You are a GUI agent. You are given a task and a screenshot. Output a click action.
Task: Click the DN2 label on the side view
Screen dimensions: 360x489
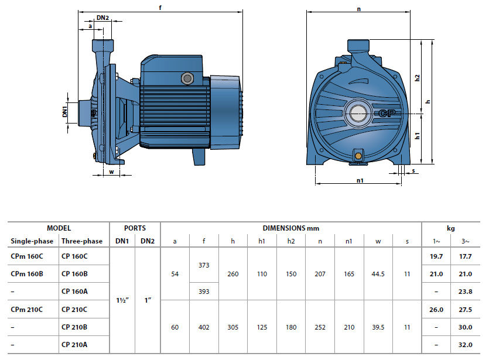pos(102,18)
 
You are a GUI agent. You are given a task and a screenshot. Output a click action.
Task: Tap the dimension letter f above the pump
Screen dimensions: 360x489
pos(160,8)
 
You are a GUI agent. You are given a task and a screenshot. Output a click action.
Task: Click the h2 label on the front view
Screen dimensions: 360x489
pos(417,77)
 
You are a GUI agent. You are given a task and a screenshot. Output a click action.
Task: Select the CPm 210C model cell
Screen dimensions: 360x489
pos(26,309)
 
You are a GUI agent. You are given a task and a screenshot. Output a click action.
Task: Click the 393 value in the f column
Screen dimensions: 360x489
pos(204,292)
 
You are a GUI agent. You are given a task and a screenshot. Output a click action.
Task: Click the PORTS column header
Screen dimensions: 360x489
pos(135,228)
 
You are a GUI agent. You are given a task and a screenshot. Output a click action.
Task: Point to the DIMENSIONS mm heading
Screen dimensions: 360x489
pos(291,228)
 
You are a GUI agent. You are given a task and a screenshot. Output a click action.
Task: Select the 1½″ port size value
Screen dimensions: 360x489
pos(122,300)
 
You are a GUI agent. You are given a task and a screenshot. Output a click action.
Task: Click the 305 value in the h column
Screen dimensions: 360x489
pos(233,327)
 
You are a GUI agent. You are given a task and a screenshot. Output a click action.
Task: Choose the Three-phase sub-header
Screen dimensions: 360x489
pos(81,241)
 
